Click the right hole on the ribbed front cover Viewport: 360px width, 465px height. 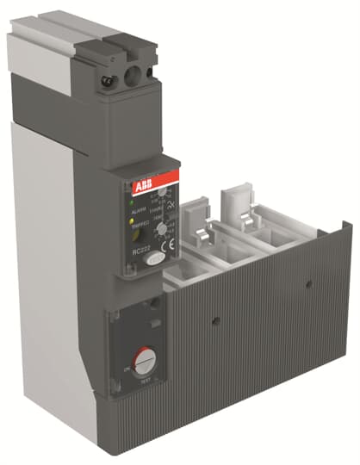307,280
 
